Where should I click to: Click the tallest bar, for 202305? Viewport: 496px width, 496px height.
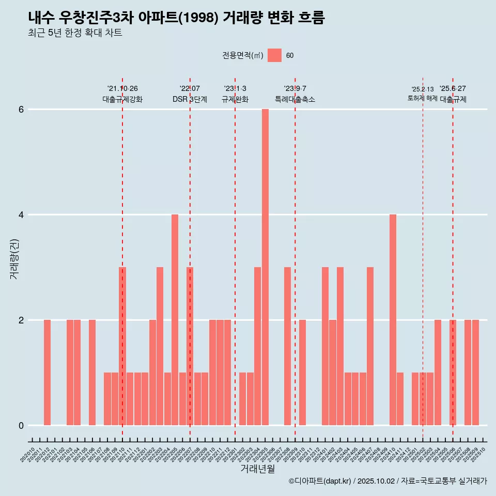pos(265,267)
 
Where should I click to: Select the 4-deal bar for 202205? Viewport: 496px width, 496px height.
pos(175,320)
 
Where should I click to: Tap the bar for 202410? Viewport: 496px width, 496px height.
pos(393,320)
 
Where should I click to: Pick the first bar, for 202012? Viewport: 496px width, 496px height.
pos(47,373)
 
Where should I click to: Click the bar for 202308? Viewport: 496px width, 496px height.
pos(287,346)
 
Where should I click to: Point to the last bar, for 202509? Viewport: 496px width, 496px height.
pos(475,373)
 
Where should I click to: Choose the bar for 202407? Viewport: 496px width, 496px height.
pos(370,346)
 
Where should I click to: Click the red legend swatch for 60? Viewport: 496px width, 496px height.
pos(274,55)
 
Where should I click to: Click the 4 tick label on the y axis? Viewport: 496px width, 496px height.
pos(21,215)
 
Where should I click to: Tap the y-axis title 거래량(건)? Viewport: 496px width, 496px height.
pos(14,258)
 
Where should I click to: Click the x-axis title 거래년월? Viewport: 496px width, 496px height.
pos(257,469)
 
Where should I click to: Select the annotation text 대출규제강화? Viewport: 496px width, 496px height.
pos(122,99)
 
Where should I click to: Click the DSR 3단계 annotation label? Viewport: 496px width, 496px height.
pos(190,99)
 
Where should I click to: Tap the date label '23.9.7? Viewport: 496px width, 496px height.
pos(295,88)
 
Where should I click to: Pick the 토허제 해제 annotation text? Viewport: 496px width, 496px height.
pos(422,98)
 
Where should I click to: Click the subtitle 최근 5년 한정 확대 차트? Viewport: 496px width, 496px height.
pos(75,33)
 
